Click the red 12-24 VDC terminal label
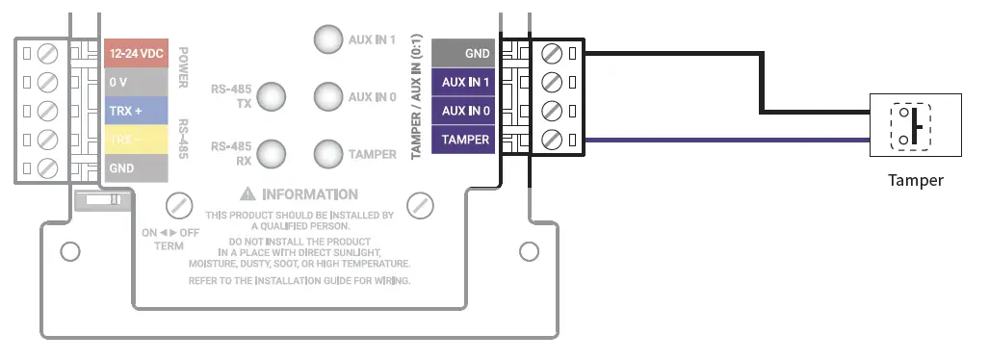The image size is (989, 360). point(136,55)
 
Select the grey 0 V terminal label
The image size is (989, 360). point(136,83)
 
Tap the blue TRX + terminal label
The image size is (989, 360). point(136,111)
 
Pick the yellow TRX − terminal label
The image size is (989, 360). point(136,140)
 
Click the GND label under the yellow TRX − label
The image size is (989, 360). point(136,167)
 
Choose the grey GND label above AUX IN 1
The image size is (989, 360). point(464,54)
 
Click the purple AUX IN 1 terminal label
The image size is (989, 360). point(464,82)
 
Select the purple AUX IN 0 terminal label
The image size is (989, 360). point(464,111)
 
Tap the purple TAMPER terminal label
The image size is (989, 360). point(464,140)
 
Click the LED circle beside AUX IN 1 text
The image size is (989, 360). point(328,39)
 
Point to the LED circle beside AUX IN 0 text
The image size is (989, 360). point(328,96)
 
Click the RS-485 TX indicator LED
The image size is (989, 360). point(273,96)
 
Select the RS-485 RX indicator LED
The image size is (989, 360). point(273,153)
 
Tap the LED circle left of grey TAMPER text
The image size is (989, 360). point(328,153)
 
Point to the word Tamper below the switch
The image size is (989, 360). point(915,181)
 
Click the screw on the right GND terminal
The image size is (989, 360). point(552,52)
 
